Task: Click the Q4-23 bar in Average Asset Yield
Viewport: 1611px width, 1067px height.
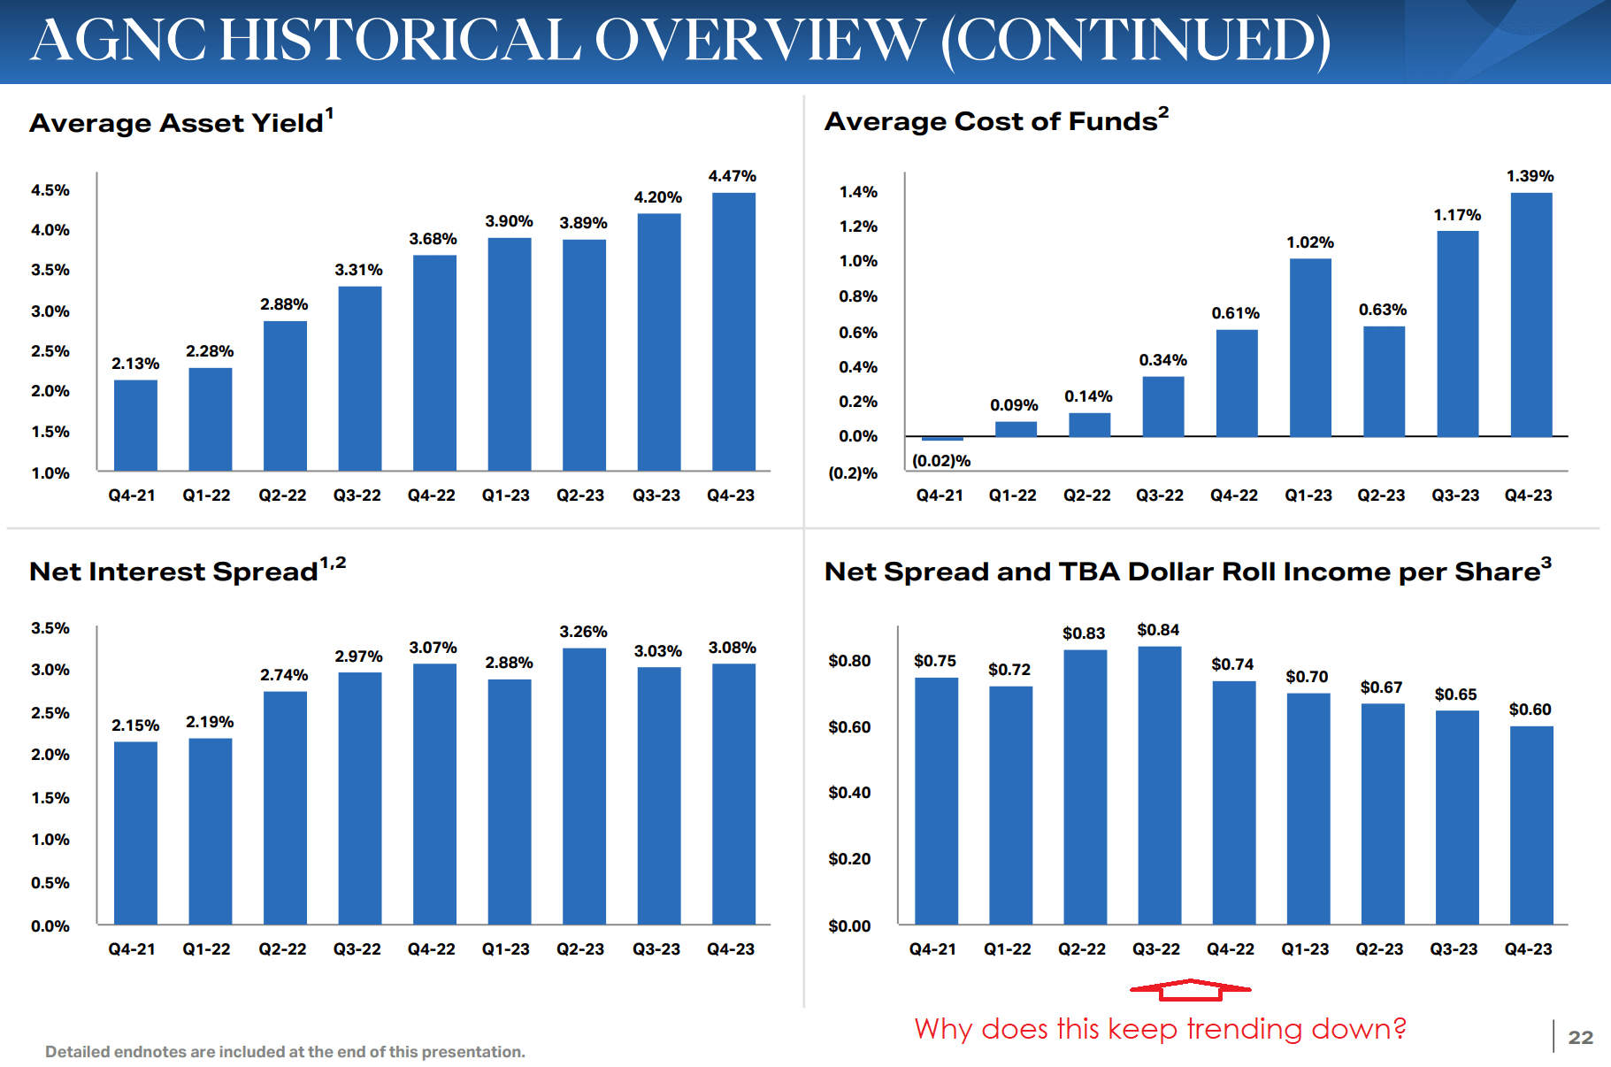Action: (733, 331)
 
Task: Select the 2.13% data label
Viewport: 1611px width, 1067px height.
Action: (135, 364)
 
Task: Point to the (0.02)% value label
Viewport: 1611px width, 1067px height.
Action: (941, 461)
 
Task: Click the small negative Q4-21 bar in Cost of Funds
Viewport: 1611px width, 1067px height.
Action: (942, 439)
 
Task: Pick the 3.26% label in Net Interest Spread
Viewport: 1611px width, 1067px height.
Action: (583, 632)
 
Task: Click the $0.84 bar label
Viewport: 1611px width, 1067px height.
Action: (1158, 630)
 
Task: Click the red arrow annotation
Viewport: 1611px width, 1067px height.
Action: (1191, 989)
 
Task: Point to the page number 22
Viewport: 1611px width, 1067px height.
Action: (1580, 1037)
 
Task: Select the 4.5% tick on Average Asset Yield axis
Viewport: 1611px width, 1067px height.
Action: (50, 190)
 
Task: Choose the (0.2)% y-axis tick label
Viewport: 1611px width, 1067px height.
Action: (853, 473)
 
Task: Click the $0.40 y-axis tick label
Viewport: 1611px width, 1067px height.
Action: (849, 793)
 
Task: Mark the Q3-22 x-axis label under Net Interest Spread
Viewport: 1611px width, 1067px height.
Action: (357, 949)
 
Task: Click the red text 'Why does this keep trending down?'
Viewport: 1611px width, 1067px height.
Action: (1160, 1029)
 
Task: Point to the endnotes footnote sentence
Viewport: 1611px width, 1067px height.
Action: (285, 1052)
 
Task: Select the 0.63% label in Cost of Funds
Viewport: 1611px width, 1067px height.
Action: (1383, 310)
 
